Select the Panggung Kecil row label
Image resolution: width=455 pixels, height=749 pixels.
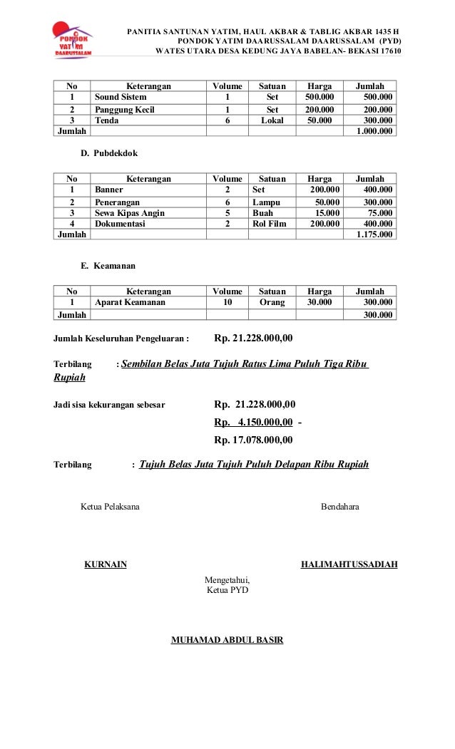[125, 110]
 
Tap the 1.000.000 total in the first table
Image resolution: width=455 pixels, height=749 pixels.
[374, 131]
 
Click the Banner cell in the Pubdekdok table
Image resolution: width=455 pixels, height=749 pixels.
[109, 190]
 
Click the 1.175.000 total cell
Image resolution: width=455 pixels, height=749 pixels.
[374, 234]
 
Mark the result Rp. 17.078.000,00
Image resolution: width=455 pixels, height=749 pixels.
[255, 439]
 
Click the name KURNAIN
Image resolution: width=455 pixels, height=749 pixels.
[106, 565]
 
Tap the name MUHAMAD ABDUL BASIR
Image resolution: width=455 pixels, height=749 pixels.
[227, 640]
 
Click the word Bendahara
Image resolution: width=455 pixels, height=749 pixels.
[340, 507]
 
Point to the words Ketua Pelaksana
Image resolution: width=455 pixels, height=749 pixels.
[111, 507]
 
